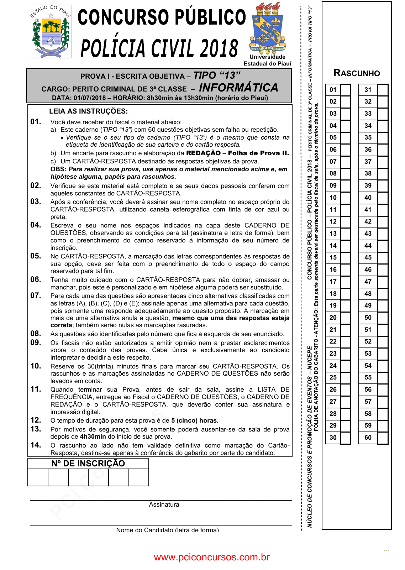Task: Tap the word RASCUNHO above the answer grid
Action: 357,73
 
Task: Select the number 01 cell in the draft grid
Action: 333,90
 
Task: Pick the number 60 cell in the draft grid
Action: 368,438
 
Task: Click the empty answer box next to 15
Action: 346,257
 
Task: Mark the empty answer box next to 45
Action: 382,257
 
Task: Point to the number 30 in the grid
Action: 333,438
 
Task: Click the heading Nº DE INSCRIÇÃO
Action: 88,464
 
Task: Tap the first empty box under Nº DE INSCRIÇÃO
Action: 38,477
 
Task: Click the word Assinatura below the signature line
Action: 164,504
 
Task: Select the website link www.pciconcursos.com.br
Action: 212,557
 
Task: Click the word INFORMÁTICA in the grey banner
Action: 238,88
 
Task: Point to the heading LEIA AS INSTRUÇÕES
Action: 88,111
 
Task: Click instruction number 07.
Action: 36,296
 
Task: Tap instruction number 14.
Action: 36,445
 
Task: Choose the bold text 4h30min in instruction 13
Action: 93,437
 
